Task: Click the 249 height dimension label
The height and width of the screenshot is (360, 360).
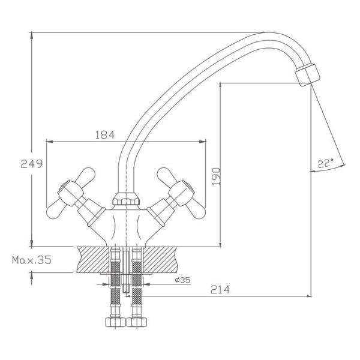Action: click(x=32, y=164)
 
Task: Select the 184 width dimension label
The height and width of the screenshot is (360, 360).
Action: click(x=105, y=135)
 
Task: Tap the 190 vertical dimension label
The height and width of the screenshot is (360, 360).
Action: click(x=216, y=176)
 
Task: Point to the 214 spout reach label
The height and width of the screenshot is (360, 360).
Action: click(x=220, y=290)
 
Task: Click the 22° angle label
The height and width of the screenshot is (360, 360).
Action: click(x=325, y=163)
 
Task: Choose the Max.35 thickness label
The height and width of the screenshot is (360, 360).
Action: click(x=32, y=260)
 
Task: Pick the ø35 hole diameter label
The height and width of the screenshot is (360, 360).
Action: click(x=182, y=280)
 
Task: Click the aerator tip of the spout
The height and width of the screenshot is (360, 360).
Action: click(x=307, y=75)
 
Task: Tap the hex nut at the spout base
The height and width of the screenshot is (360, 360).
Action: click(x=126, y=199)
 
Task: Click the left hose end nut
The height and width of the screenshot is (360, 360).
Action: click(x=115, y=322)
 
